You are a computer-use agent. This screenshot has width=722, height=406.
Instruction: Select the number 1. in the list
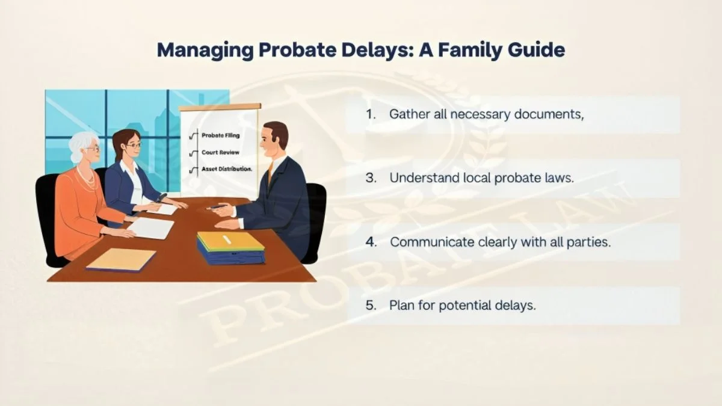click(x=371, y=114)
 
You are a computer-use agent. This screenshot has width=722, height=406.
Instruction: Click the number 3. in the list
click(x=371, y=178)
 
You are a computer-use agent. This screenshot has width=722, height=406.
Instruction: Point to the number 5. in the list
click(x=371, y=305)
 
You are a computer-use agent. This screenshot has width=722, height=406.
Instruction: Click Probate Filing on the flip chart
click(x=220, y=135)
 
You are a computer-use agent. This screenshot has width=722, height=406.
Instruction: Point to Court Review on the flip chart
click(x=220, y=152)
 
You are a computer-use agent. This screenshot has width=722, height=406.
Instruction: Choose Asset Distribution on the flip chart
click(x=227, y=169)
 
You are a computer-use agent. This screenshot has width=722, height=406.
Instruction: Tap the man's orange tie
click(x=270, y=173)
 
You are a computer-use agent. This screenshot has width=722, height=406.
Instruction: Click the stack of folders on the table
click(x=231, y=247)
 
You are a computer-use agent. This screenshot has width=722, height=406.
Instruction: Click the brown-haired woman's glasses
click(x=134, y=146)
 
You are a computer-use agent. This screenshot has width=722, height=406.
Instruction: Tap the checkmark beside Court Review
click(x=193, y=153)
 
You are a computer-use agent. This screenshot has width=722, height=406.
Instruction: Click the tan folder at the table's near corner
click(x=121, y=259)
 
